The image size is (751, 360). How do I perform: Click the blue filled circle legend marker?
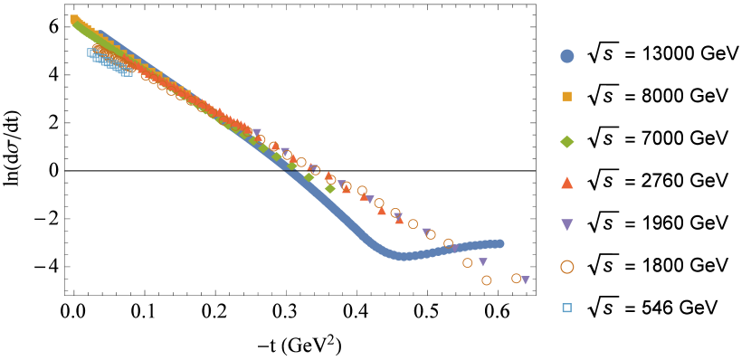pyautogui.click(x=567, y=56)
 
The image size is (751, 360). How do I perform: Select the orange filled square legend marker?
pyautogui.click(x=567, y=96)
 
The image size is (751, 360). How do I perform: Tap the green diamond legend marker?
pyautogui.click(x=567, y=141)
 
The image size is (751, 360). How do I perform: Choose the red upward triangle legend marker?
pyautogui.click(x=567, y=183)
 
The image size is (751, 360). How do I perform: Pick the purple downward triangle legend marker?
pyautogui.click(x=567, y=224)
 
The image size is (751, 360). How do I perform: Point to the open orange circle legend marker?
pyautogui.click(x=567, y=267)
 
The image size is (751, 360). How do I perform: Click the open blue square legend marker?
pyautogui.click(x=567, y=308)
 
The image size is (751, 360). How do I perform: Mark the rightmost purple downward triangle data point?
pyautogui.click(x=525, y=280)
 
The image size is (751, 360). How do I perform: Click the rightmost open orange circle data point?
pyautogui.click(x=516, y=279)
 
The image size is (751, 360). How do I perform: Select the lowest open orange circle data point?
pyautogui.click(x=487, y=280)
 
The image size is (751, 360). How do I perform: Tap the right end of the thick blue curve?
pyautogui.click(x=499, y=243)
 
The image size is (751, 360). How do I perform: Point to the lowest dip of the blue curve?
pyautogui.click(x=403, y=256)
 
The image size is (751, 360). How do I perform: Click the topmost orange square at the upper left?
pyautogui.click(x=74, y=18)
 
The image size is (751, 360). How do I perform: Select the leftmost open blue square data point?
pyautogui.click(x=90, y=52)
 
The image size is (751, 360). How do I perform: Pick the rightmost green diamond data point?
pyautogui.click(x=329, y=188)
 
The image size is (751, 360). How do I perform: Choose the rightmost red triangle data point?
pyautogui.click(x=399, y=220)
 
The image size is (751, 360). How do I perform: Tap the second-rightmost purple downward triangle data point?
pyautogui.click(x=483, y=262)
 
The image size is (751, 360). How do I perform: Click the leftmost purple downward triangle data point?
pyautogui.click(x=257, y=133)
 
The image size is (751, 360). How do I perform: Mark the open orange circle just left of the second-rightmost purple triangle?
pyautogui.click(x=468, y=263)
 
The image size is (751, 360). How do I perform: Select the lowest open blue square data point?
pyautogui.click(x=127, y=71)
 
